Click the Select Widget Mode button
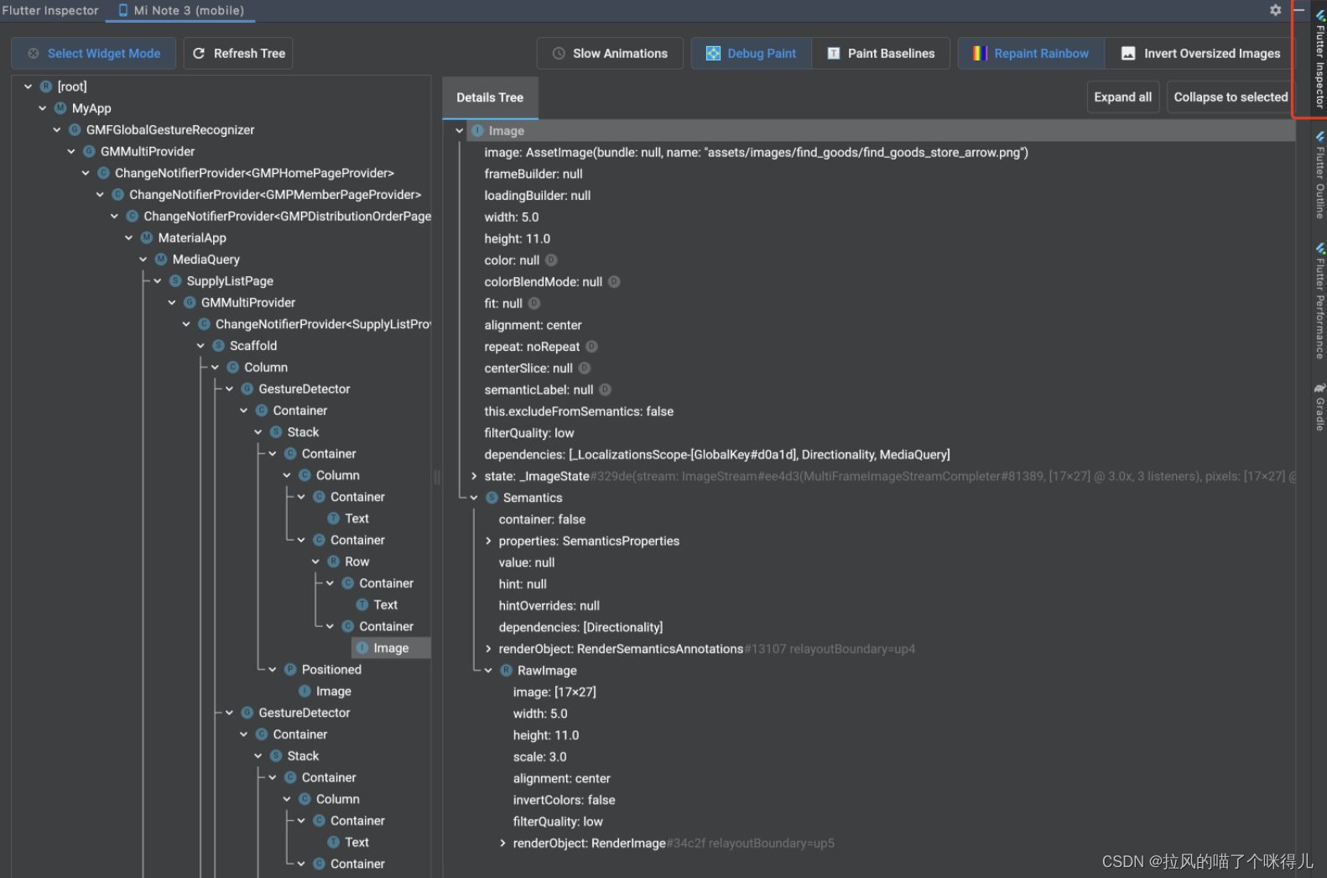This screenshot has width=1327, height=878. tap(94, 54)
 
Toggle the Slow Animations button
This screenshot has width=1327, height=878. tap(610, 54)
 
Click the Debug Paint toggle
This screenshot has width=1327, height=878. tap(752, 54)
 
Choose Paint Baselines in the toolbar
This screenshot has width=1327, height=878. tap(881, 54)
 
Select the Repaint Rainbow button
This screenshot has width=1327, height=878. tap(1031, 54)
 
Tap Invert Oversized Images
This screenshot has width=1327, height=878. tap(1201, 54)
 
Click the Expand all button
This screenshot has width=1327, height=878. tap(1122, 97)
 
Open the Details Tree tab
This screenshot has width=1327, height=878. tap(490, 98)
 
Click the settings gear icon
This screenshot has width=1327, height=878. tap(1275, 10)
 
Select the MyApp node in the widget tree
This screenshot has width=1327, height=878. tap(91, 108)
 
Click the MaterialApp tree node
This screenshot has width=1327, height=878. tap(192, 238)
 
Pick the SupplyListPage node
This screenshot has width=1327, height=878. tap(230, 281)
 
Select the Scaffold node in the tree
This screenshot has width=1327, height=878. tap(253, 346)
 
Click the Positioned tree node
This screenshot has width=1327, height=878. tap(331, 670)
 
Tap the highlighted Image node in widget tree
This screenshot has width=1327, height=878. tap(391, 648)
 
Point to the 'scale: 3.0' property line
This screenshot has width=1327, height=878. tap(540, 757)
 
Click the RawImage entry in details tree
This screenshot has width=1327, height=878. tap(547, 671)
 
